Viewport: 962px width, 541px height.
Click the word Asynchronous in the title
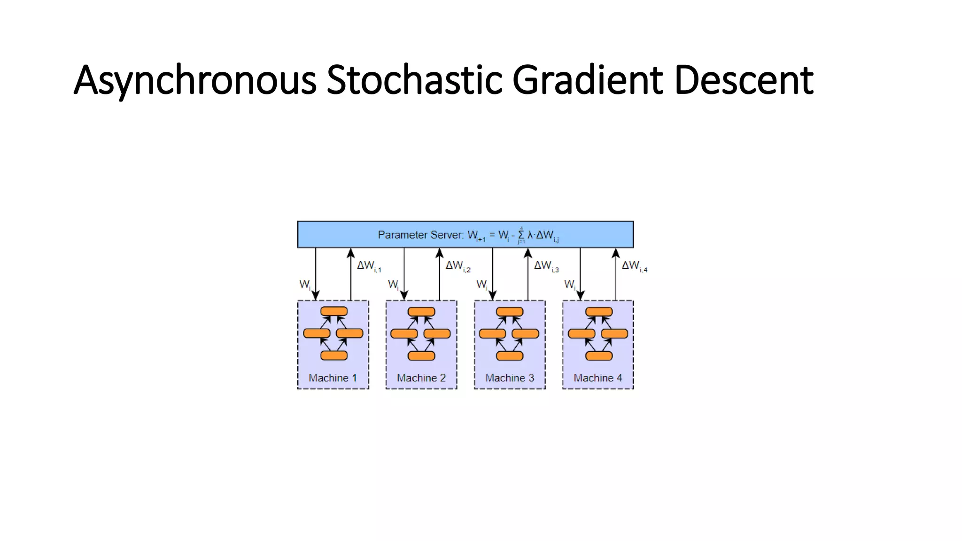click(x=195, y=81)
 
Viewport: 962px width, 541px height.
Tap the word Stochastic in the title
click(x=414, y=81)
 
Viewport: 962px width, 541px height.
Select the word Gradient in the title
click(x=588, y=81)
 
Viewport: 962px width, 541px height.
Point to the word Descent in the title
click(x=744, y=81)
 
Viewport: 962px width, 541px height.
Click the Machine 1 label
click(x=333, y=378)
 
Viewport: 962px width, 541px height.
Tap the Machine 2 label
click(x=421, y=378)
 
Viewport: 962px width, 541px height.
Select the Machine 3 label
click(x=510, y=378)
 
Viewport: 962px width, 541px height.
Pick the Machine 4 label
click(x=597, y=378)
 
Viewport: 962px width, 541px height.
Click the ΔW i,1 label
click(x=369, y=266)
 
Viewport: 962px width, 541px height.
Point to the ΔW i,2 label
click(x=458, y=266)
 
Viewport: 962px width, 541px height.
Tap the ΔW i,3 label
click(x=546, y=266)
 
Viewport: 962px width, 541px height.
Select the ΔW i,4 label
click(x=634, y=266)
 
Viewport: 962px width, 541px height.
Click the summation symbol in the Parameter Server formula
click(x=521, y=235)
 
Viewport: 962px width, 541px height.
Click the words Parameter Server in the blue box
click(x=420, y=235)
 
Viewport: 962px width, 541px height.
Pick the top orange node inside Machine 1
click(x=334, y=311)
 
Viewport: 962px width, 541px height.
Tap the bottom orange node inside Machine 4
click(x=599, y=356)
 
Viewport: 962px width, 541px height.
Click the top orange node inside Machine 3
click(x=510, y=311)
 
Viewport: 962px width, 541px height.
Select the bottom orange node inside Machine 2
click(x=421, y=356)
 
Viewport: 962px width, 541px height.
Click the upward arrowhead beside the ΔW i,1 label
click(x=351, y=254)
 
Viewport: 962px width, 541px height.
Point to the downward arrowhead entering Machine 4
click(x=580, y=295)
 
